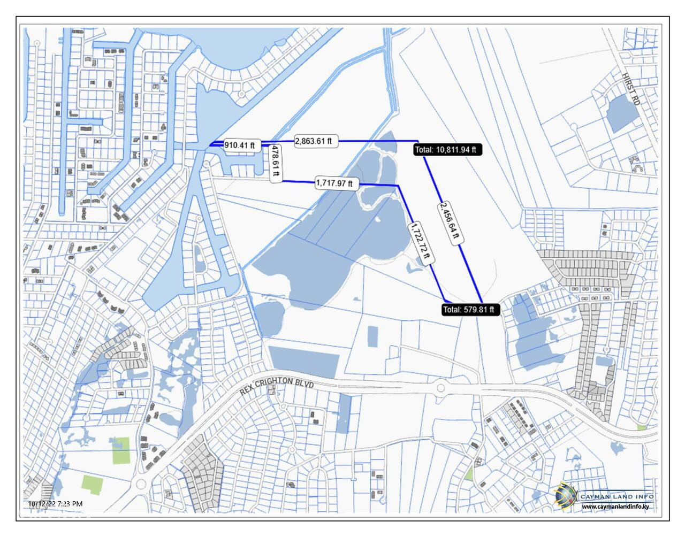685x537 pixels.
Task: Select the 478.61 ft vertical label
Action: tap(276, 163)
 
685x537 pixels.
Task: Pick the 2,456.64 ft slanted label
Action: tap(450, 222)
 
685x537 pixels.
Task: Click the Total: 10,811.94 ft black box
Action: tap(448, 150)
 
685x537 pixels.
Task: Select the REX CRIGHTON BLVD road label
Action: tap(276, 385)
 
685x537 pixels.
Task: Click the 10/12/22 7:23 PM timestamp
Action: tap(56, 504)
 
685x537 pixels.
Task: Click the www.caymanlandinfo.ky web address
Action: tap(618, 507)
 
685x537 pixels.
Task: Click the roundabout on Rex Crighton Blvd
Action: tap(440, 387)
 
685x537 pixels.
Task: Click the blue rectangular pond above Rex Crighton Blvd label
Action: tap(303, 362)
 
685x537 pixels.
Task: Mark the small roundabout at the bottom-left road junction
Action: tap(141, 485)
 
